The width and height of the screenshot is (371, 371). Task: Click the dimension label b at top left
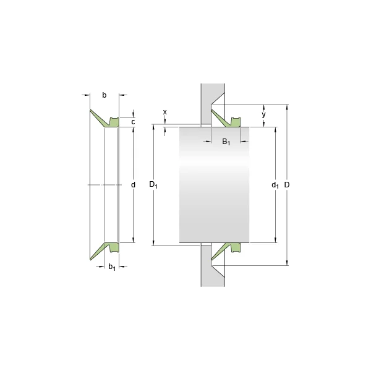click(104, 95)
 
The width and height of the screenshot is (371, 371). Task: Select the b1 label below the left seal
click(112, 267)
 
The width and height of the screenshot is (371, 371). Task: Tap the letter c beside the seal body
click(133, 122)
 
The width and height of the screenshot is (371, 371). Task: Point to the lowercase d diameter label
click(133, 184)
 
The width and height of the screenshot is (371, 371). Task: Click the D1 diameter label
click(153, 184)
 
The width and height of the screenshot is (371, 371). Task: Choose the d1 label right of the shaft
click(275, 185)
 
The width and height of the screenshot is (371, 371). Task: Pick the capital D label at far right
click(287, 184)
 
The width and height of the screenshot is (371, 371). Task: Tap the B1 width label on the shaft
click(226, 142)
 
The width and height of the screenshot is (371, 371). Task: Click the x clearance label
click(165, 112)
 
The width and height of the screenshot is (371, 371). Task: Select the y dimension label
click(263, 115)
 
